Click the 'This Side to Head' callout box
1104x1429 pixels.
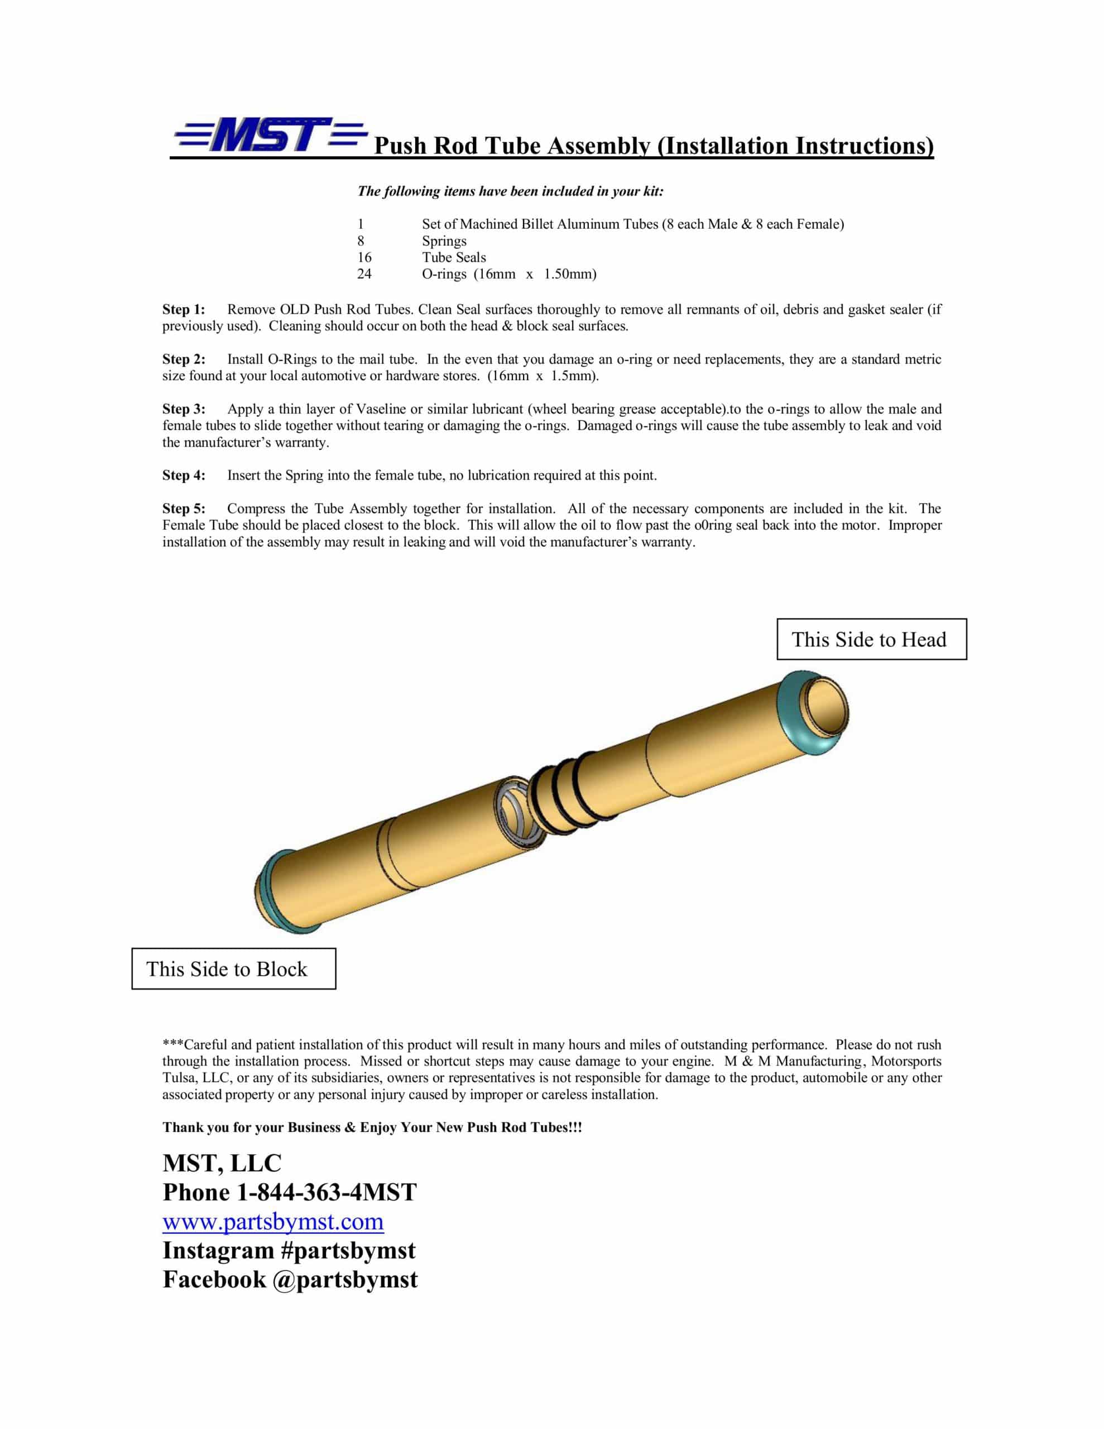[x=871, y=639]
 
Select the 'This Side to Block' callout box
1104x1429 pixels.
[x=234, y=969]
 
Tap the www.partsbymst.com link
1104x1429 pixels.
[x=273, y=1221]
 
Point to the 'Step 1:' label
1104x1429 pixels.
[x=184, y=309]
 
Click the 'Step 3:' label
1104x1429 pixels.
[x=184, y=409]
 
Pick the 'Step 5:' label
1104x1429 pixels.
[x=184, y=509]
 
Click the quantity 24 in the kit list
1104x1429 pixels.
[x=364, y=274]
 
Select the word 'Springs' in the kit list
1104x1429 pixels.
[x=444, y=241]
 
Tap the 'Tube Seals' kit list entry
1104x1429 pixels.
[x=454, y=257]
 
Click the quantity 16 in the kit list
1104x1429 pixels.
[x=364, y=257]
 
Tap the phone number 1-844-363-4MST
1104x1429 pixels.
[x=326, y=1192]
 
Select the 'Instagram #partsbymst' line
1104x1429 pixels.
[x=289, y=1250]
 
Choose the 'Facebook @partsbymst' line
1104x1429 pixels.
[x=290, y=1280]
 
